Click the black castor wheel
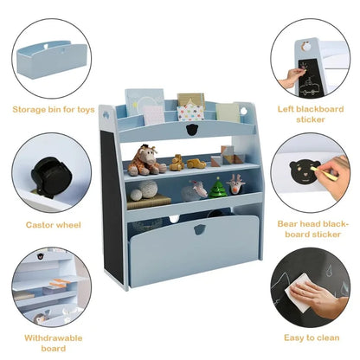pyautogui.click(x=49, y=177)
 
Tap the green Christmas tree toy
pyautogui.click(x=218, y=188)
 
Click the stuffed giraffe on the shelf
pyautogui.click(x=146, y=160)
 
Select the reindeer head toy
pyautogui.click(x=235, y=184)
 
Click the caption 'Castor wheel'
pyautogui.click(x=54, y=225)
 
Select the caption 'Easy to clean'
pyautogui.click(x=312, y=337)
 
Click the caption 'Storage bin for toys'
pyautogui.click(x=54, y=110)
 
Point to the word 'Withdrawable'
pyautogui.click(x=54, y=337)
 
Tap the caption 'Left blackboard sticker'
pyautogui.click(x=311, y=114)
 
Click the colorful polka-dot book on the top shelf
pyautogui.click(x=190, y=112)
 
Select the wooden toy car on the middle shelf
pyautogui.click(x=196, y=164)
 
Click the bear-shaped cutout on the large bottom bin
pyautogui.click(x=199, y=229)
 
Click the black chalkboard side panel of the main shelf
pyautogui.click(x=112, y=206)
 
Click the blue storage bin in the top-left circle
pyautogui.click(x=52, y=60)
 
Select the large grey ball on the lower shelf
pyautogui.click(x=147, y=190)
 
